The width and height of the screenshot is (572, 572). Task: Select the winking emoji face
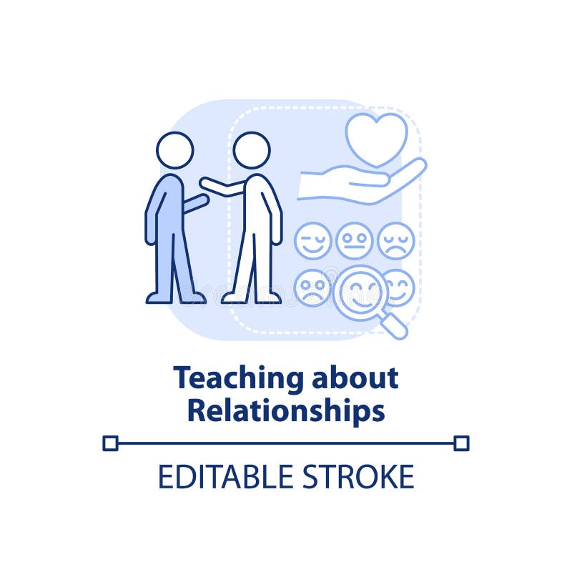pyautogui.click(x=312, y=240)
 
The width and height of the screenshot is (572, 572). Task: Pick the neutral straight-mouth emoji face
pyautogui.click(x=354, y=240)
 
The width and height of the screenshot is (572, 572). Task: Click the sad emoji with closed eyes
pyautogui.click(x=395, y=240)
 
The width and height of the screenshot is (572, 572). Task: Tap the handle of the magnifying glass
pyautogui.click(x=394, y=326)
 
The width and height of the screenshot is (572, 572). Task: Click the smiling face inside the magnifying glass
pyautogui.click(x=360, y=292)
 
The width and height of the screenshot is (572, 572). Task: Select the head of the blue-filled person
pyautogui.click(x=174, y=150)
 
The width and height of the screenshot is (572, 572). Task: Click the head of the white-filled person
pyautogui.click(x=252, y=150)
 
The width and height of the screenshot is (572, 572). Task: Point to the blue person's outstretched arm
pyautogui.click(x=194, y=203)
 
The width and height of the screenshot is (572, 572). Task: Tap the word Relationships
pyautogui.click(x=286, y=410)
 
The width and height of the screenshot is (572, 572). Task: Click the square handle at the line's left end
pyautogui.click(x=110, y=443)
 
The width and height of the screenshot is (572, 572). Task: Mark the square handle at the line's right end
pyautogui.click(x=461, y=443)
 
